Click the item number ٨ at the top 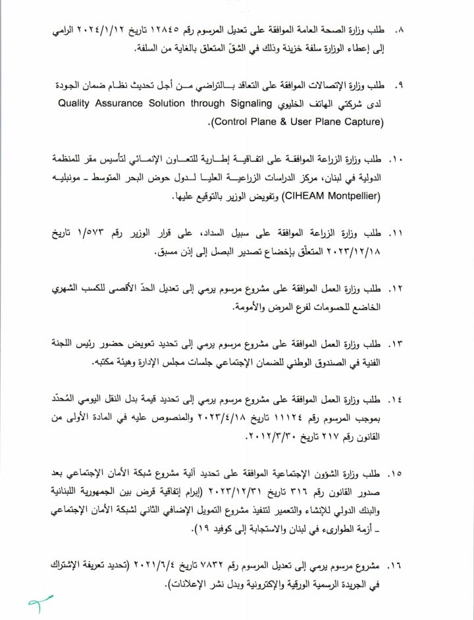click(x=397, y=31)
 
